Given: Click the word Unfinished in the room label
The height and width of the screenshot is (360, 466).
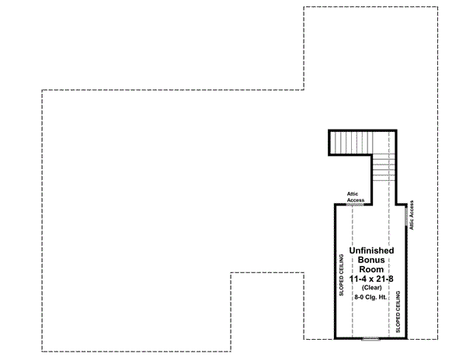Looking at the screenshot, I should coord(371,251).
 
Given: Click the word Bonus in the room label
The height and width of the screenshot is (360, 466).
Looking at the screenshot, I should coord(371,260).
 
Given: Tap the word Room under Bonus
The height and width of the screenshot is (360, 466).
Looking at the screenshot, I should coord(371,269).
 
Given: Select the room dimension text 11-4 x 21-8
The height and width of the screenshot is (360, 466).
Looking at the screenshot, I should coord(371,279).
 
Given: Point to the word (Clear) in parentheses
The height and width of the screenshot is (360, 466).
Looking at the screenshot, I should coord(371,288).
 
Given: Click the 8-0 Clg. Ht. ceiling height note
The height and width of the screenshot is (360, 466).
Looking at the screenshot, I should coord(371,297).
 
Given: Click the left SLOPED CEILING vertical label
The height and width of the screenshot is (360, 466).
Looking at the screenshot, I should coord(342,275).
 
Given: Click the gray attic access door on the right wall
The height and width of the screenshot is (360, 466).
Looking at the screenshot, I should coord(405,220).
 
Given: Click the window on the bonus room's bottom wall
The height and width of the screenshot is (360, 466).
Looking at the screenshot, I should coord(370,339).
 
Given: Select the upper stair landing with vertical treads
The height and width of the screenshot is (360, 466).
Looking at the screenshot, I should coord(350,142).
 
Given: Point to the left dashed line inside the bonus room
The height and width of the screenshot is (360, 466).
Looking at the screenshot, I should coord(353,272).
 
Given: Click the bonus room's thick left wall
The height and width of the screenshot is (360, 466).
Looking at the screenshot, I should coord(335,272).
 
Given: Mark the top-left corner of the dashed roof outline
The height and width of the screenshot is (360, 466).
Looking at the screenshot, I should coord(42,90).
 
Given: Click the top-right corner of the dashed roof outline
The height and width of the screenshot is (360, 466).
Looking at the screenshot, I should coord(457,7).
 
